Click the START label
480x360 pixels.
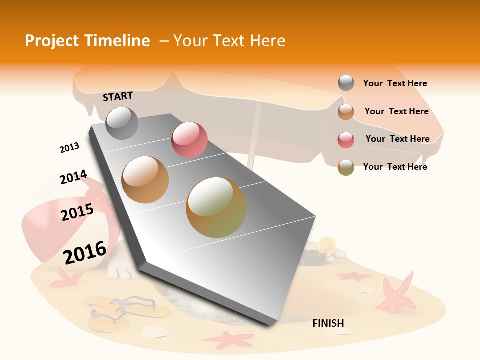(118, 96)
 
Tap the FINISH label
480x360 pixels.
(328, 323)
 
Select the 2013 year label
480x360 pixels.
(69, 148)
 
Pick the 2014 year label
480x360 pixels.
(73, 177)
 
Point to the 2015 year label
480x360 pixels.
(77, 212)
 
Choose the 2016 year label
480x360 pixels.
(85, 252)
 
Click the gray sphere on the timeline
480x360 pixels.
(122, 123)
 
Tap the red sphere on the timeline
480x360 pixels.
(189, 140)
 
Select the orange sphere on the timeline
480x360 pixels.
(145, 179)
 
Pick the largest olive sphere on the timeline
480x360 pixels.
(216, 207)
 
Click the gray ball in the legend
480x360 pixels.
(346, 83)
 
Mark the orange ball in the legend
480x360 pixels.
(346, 111)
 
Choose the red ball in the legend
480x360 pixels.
(346, 139)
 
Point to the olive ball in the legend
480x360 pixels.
(346, 167)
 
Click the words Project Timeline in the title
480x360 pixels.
(87, 41)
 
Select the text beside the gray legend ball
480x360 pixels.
(395, 83)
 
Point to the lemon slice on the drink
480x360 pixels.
(327, 244)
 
